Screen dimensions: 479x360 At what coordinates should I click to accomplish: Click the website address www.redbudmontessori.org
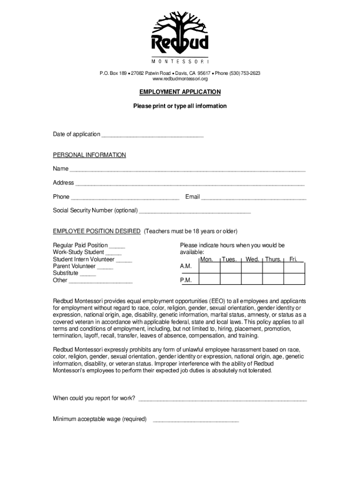[180, 79]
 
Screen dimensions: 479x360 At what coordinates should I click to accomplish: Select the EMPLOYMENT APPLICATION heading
[180, 92]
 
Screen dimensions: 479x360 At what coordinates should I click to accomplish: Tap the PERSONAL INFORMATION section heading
[89, 155]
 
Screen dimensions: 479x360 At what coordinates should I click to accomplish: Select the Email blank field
[253, 197]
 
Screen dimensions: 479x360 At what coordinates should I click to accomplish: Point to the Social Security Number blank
[195, 211]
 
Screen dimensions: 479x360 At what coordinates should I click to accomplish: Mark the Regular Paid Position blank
[117, 246]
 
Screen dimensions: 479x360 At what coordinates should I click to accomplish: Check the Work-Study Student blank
[114, 253]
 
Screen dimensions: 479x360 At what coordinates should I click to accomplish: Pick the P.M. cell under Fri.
[294, 279]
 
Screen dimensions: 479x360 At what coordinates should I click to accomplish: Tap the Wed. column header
[252, 259]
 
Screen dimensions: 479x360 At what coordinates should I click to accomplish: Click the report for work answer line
[223, 399]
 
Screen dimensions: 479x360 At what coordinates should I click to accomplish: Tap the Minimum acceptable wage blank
[196, 420]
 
